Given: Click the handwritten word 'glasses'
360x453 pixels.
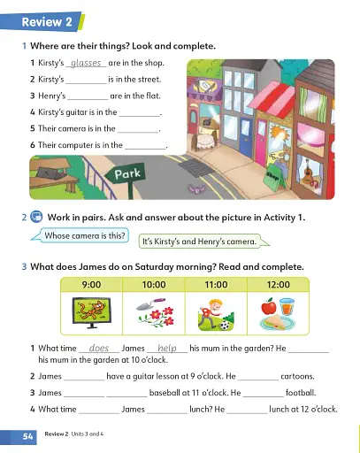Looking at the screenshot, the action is pos(87,64).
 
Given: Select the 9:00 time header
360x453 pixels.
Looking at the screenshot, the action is pos(93,286).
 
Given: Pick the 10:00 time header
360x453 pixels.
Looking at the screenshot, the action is pos(154,286).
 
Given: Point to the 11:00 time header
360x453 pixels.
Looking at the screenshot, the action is pos(216,286).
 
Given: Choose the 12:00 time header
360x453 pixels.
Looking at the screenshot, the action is pos(278,286).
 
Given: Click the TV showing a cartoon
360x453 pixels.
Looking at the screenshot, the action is pos(93,312).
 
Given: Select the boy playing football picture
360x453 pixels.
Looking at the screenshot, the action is pos(216,313).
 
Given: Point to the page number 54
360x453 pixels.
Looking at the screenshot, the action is pos(27,437).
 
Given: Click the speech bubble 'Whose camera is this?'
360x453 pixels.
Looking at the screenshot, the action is pos(85,236).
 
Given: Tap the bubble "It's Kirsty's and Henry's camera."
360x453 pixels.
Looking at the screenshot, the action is pos(199,241).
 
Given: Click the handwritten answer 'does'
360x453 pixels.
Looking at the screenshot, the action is pos(99,349).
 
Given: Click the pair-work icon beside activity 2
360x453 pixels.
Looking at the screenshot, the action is pos(37,217).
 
